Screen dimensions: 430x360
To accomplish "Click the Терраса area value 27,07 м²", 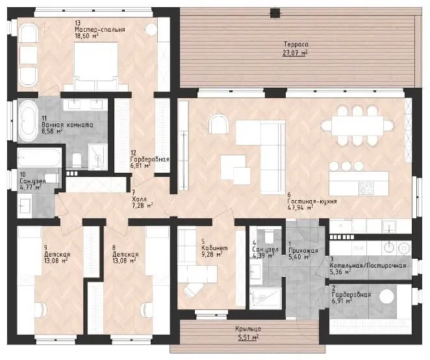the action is (295, 53).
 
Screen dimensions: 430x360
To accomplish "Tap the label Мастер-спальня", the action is (100, 30).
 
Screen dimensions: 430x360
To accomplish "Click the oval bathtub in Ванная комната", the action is (28, 120).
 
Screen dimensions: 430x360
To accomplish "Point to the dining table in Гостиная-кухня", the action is (357, 125).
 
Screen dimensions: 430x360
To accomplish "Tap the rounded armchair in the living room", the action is (218, 124).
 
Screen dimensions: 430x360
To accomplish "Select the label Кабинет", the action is (214, 248).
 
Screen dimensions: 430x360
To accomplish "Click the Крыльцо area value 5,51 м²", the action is (247, 337).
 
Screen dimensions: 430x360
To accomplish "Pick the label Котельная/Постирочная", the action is (368, 265).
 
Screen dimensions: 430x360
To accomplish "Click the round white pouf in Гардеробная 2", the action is (386, 296).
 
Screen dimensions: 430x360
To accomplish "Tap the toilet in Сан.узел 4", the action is (269, 236).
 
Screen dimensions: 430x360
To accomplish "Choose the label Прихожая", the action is (303, 251).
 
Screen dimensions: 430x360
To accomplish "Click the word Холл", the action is (139, 199).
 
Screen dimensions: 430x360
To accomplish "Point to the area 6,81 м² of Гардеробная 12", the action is (140, 166).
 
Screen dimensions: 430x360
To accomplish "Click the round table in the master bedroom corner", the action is (151, 29).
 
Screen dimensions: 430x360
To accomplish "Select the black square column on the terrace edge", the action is (275, 13).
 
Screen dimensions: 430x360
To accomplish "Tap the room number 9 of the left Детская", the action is (45, 248).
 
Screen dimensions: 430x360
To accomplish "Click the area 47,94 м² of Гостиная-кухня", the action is (300, 207).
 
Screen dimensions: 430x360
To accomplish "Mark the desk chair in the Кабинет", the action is (194, 290).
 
